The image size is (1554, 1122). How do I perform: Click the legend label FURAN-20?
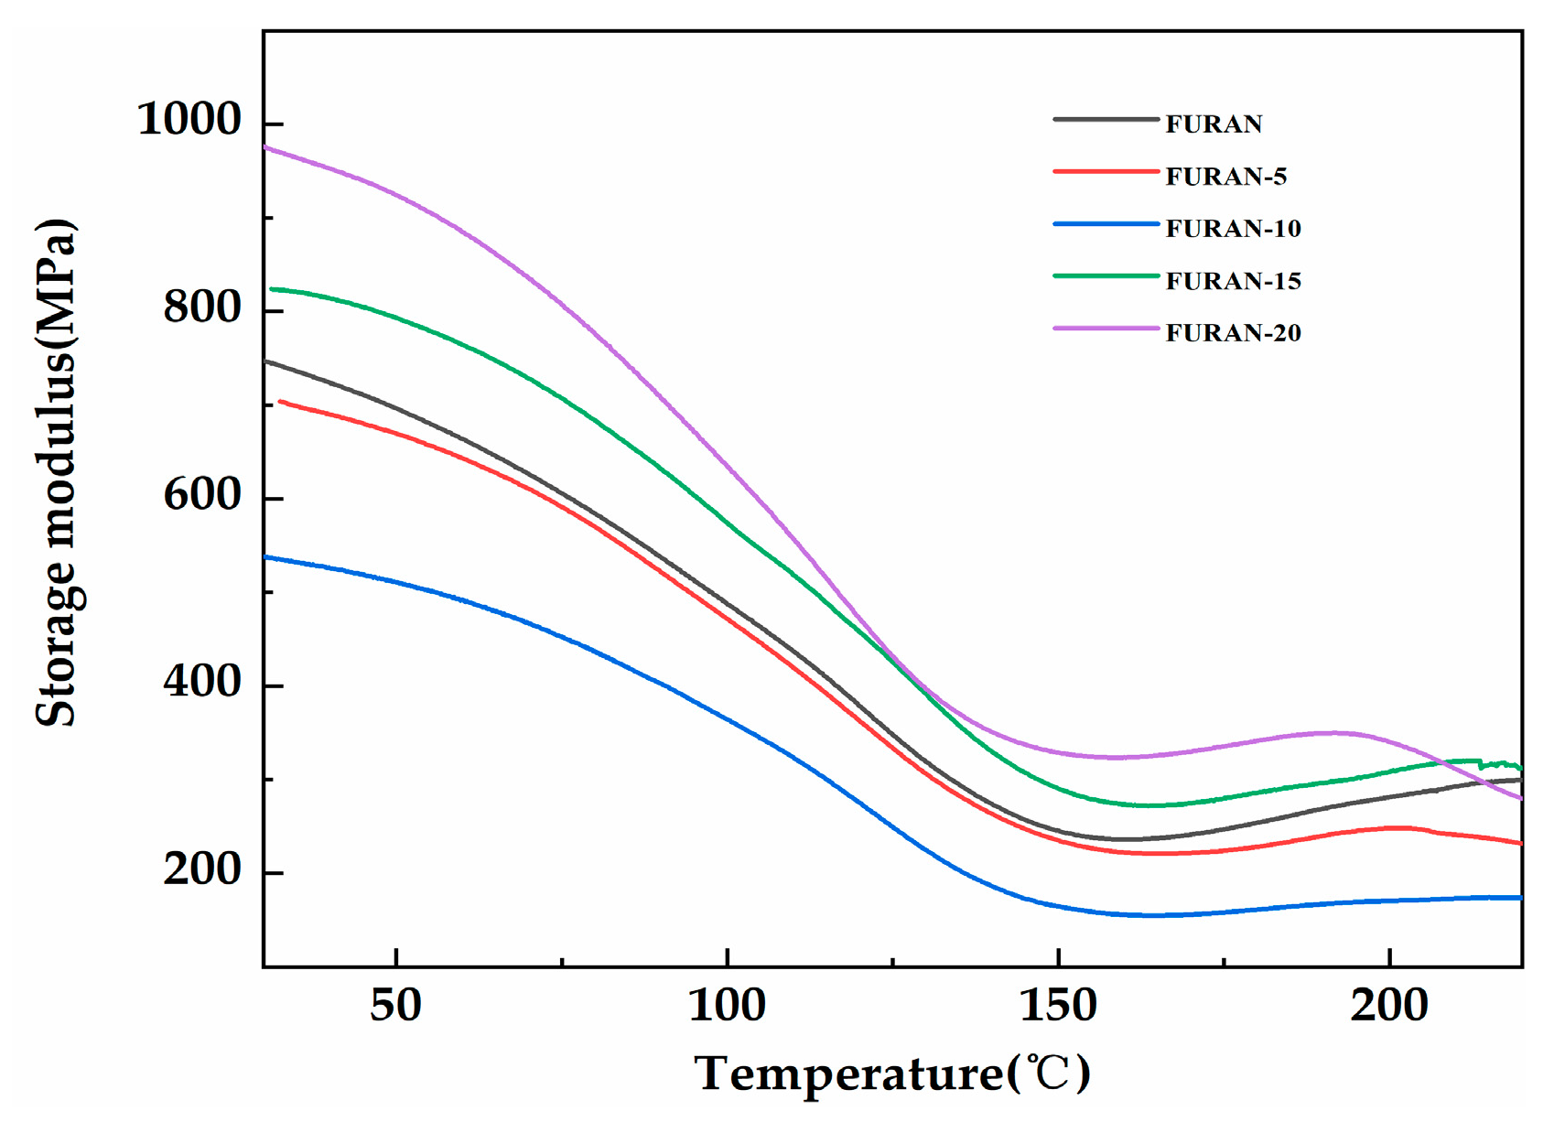[x=1232, y=333]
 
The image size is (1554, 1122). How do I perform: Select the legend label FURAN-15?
[x=1232, y=281]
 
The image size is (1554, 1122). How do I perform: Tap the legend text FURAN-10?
[x=1232, y=229]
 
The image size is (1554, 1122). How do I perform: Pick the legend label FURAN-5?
[x=1225, y=177]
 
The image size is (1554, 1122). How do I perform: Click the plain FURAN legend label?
[x=1214, y=124]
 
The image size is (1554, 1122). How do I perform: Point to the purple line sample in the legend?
[x=1106, y=328]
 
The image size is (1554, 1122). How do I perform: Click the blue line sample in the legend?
[x=1106, y=223]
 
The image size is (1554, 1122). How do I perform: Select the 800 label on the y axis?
[x=201, y=307]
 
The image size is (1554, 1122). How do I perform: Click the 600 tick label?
[x=201, y=495]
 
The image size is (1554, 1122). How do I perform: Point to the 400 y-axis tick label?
[x=201, y=682]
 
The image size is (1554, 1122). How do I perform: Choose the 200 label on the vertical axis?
[x=201, y=869]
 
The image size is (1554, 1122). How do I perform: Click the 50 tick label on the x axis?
[x=395, y=1006]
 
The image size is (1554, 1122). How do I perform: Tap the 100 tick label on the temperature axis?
[x=727, y=1006]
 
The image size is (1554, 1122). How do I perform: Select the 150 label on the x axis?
[x=1058, y=1006]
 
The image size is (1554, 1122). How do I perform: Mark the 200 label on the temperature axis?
[x=1388, y=1006]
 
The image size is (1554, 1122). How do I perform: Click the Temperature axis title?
[x=892, y=1073]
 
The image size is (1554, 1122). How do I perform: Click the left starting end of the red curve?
[x=280, y=402]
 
